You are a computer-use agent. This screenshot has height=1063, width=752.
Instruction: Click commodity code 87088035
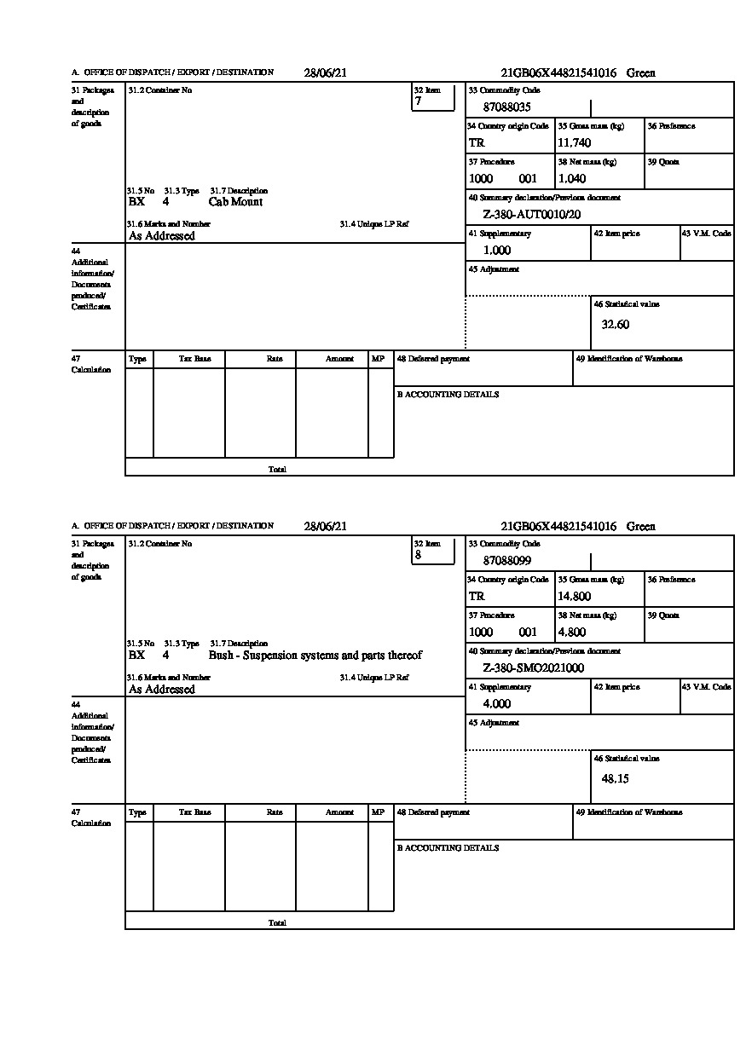pos(506,107)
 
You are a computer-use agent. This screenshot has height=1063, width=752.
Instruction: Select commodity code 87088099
pos(506,561)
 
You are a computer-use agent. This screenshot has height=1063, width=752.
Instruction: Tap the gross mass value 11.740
pos(574,142)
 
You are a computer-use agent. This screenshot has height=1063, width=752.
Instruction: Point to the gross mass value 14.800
pos(574,596)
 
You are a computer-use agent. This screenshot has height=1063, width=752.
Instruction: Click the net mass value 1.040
pos(572,178)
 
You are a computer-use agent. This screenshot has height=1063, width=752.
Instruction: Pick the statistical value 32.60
pos(616,325)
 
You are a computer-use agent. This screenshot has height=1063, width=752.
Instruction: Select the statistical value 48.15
pos(616,778)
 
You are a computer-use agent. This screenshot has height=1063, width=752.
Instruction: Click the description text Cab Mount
pos(235,202)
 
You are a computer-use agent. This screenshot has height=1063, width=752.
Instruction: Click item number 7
pos(418,101)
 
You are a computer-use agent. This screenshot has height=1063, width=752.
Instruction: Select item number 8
pos(418,555)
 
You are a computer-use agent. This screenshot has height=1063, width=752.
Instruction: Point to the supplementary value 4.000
pos(497,704)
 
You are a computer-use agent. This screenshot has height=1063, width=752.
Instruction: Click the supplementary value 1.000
pos(497,251)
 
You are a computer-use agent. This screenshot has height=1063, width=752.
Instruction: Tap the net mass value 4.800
pos(572,632)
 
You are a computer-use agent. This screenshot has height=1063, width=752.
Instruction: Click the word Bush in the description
pos(221,656)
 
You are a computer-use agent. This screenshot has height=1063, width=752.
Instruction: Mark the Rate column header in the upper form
pos(275,359)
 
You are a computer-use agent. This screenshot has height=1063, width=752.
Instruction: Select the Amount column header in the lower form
pos(339,812)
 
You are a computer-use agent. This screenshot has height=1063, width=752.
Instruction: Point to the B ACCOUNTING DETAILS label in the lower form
pos(448,848)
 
